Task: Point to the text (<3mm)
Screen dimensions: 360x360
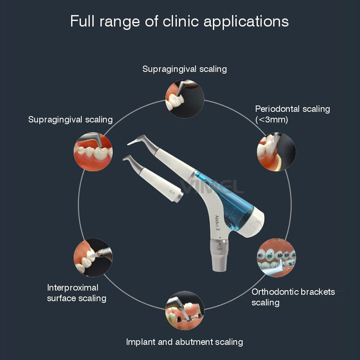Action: pyautogui.click(x=272, y=120)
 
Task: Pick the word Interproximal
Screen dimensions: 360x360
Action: pyautogui.click(x=72, y=287)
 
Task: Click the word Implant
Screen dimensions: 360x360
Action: pyautogui.click(x=141, y=342)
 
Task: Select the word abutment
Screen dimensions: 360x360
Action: pyautogui.click(x=187, y=342)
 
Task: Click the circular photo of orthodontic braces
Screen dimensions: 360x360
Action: pyautogui.click(x=276, y=257)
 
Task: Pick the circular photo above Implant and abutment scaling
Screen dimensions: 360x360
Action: pyautogui.click(x=184, y=310)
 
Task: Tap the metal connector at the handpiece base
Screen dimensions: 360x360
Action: pyautogui.click(x=219, y=254)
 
